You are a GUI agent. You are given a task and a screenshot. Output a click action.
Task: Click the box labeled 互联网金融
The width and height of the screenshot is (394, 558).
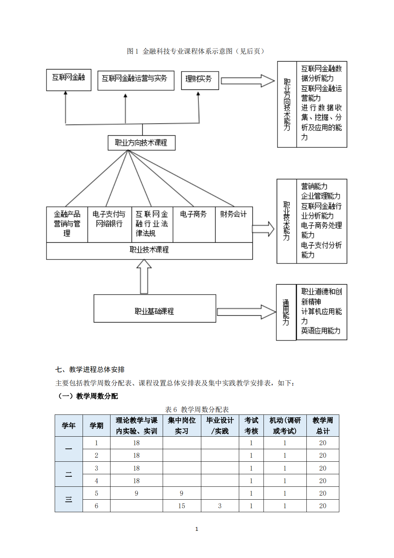coord(69,80)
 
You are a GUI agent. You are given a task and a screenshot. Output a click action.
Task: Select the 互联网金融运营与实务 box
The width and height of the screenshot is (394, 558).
coord(136,80)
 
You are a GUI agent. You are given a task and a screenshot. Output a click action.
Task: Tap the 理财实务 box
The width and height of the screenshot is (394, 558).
coord(200,80)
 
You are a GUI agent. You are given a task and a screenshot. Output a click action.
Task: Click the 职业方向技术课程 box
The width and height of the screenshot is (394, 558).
coord(142,143)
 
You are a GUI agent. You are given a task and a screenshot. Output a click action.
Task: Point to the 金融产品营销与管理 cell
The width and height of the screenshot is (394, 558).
coord(67,224)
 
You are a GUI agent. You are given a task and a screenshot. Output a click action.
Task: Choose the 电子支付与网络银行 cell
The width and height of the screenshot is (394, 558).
coord(109,224)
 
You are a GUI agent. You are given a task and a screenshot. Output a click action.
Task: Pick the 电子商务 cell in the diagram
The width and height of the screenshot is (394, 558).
coord(194,224)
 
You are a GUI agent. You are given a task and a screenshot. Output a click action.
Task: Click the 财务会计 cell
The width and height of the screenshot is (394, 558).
coord(233,224)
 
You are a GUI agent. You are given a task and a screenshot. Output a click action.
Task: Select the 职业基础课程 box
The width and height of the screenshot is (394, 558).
coord(155,309)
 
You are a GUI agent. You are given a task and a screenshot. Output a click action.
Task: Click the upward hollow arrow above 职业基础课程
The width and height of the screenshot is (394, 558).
coord(144,276)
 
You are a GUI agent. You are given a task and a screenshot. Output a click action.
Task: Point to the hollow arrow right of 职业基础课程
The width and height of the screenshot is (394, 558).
coord(246,312)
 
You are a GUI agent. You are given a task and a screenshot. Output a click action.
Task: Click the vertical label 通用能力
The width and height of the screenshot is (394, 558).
coord(286,312)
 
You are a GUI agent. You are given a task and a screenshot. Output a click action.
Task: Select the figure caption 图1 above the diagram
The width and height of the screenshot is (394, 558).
coord(196,51)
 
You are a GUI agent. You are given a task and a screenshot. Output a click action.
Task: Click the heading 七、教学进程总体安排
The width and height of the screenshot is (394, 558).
coord(90,369)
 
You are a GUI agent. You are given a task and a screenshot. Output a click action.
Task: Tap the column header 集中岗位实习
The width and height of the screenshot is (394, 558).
coord(182,426)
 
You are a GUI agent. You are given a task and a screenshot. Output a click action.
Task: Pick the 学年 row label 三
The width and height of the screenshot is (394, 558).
coord(69,499)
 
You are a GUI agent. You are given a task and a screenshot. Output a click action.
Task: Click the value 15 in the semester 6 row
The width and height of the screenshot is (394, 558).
coord(182,506)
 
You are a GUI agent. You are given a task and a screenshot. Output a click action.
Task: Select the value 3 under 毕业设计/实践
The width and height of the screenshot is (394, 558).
coord(220,506)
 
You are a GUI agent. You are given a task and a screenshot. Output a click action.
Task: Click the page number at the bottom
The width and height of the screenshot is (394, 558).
coord(197,529)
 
